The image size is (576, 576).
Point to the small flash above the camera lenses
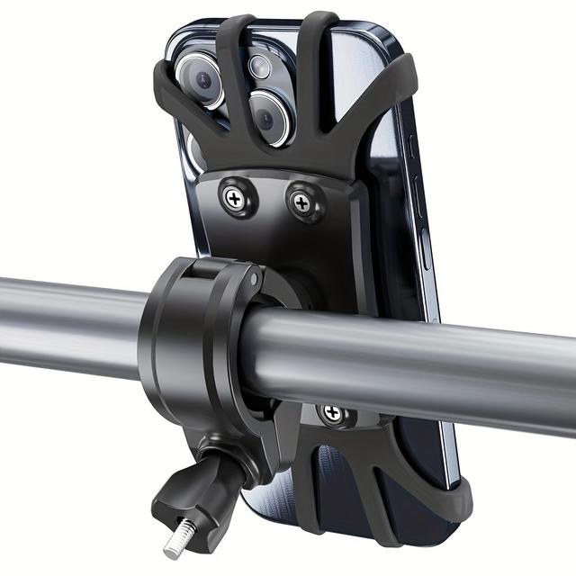pos(260,65)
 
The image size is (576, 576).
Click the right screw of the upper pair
pos(302,199)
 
